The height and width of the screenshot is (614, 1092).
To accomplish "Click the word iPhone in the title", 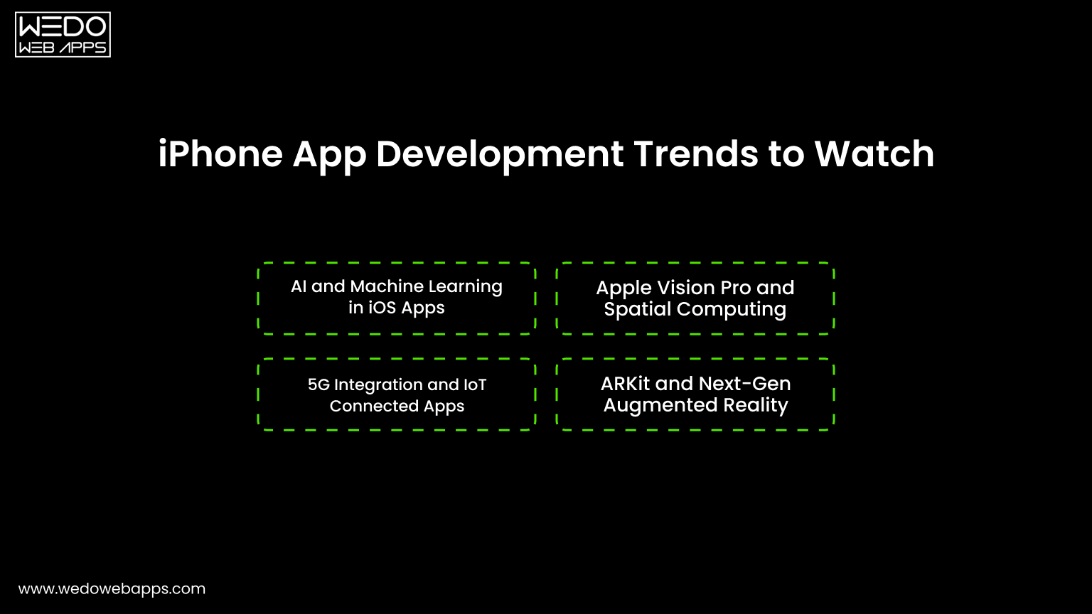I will [x=220, y=154].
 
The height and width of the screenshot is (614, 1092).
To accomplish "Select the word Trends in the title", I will [x=695, y=154].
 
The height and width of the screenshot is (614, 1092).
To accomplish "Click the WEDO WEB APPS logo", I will [x=63, y=34].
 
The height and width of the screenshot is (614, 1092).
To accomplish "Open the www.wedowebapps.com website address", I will [x=112, y=589].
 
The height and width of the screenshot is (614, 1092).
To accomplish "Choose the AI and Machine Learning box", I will [x=397, y=298].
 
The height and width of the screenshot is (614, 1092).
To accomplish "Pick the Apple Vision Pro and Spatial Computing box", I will [x=695, y=298].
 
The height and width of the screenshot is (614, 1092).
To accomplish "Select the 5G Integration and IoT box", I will [x=397, y=394].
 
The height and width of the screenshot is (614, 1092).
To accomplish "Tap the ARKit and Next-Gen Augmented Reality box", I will [x=695, y=394].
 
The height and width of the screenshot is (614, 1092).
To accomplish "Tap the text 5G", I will [x=318, y=384].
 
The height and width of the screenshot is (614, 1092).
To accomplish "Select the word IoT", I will [x=475, y=384].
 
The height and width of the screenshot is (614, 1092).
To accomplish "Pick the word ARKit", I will [x=626, y=384].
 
